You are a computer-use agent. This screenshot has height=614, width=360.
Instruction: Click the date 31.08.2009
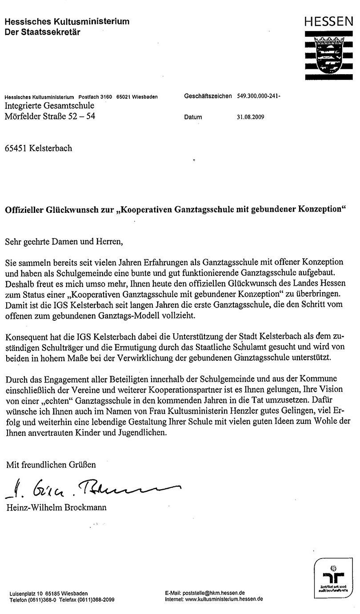[251, 117]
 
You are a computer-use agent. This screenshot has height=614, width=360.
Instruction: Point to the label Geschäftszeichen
[208, 96]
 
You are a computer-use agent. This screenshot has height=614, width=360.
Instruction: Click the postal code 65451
[17, 148]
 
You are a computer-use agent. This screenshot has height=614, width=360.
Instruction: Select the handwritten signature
[93, 488]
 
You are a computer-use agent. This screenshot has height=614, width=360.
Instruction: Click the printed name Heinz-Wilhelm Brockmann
[56, 507]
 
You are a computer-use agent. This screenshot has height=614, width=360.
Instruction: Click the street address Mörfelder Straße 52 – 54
[50, 116]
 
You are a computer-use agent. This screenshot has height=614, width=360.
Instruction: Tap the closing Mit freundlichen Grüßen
[51, 465]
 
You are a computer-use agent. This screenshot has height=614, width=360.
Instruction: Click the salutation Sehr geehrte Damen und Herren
[63, 242]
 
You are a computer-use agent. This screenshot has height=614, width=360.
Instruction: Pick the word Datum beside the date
[192, 117]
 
